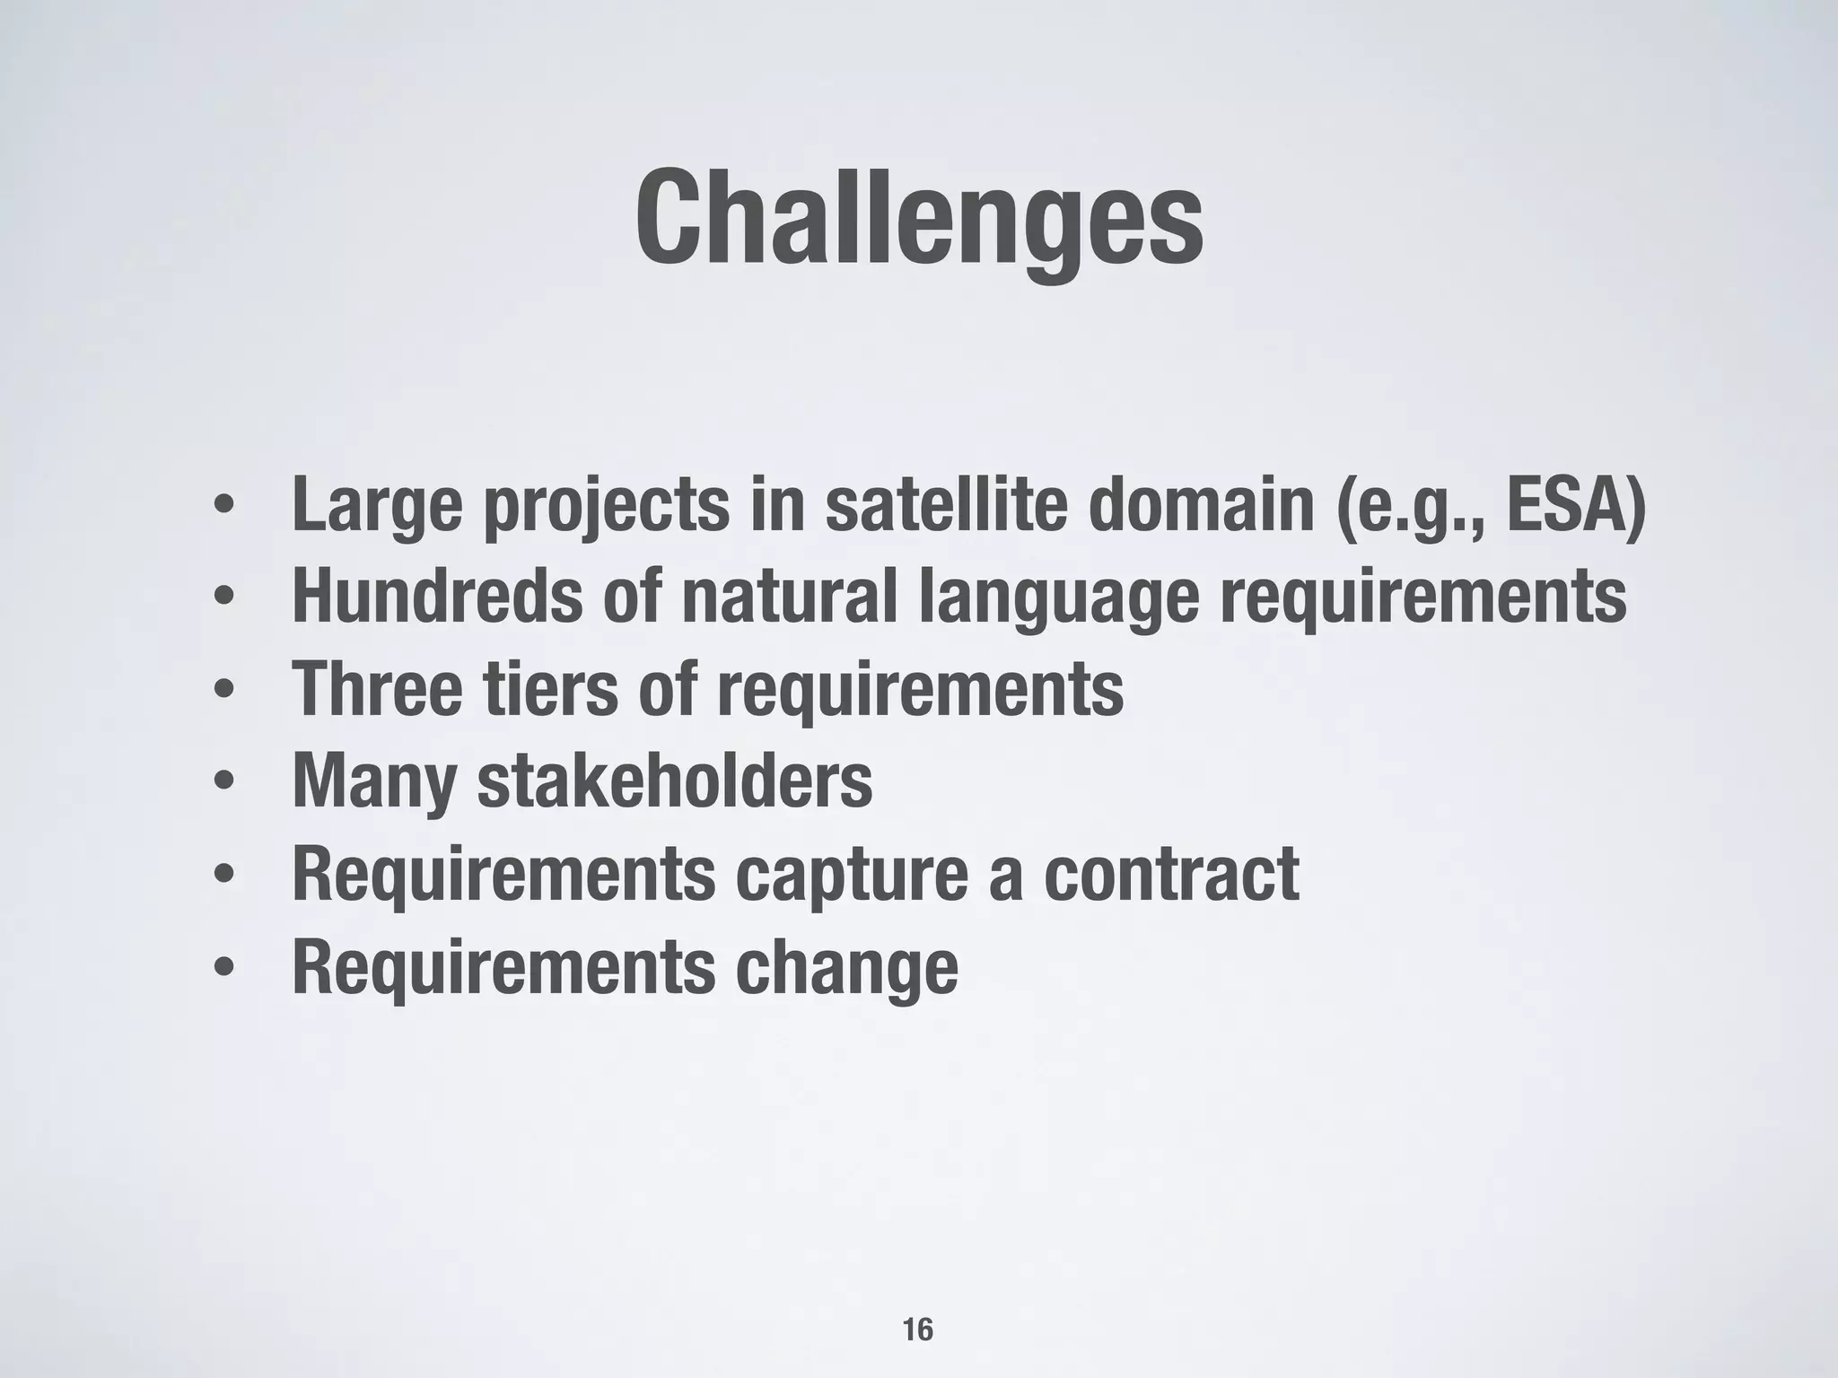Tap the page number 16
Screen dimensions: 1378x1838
pos(917,1330)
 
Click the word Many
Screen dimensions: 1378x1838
pos(374,782)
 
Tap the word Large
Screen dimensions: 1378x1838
pos(377,506)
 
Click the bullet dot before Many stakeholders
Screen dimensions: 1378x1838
pos(224,782)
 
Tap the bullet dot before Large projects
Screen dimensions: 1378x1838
pos(224,508)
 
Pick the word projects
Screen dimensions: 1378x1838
pos(607,508)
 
